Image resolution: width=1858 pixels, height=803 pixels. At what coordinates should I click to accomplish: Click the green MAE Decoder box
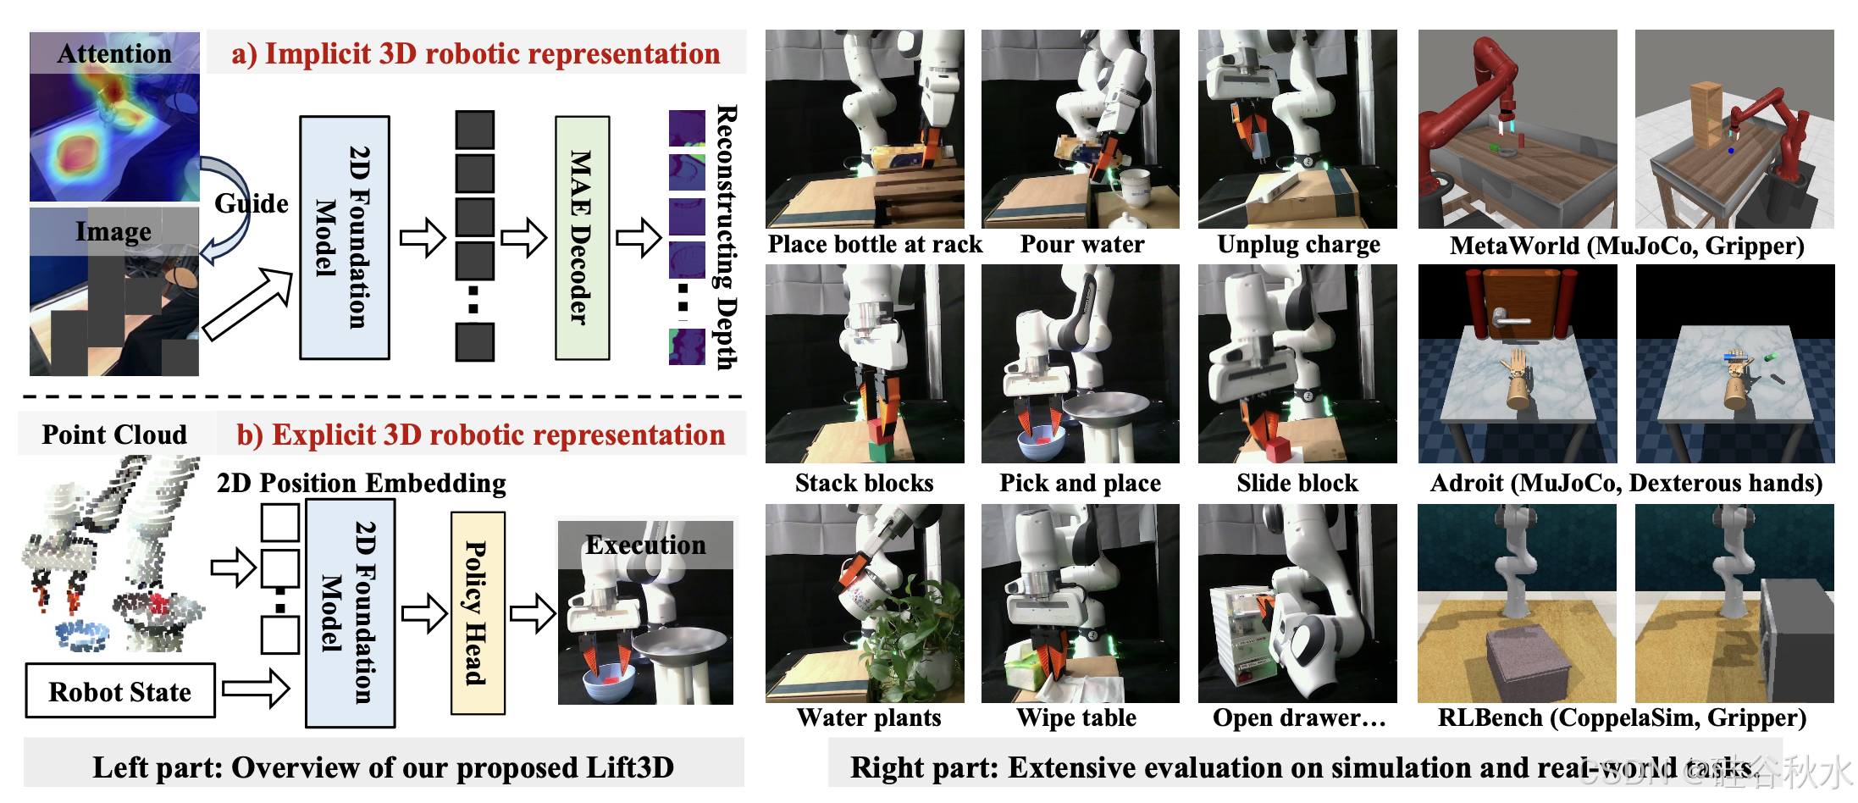(582, 238)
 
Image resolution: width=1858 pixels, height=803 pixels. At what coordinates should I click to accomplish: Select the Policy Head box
(478, 612)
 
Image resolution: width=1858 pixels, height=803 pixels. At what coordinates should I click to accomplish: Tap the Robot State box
(119, 691)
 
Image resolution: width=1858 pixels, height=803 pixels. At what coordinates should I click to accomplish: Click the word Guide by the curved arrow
(251, 203)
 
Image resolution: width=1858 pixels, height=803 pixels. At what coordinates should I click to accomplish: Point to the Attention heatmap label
(114, 53)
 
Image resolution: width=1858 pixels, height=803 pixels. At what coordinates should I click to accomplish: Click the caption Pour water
(1081, 245)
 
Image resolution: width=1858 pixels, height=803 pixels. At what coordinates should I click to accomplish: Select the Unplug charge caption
(1298, 245)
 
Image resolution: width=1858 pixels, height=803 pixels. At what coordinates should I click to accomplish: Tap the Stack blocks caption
(864, 483)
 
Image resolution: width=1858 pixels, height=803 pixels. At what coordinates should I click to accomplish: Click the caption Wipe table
(1076, 717)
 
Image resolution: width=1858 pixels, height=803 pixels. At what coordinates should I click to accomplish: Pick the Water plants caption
(869, 717)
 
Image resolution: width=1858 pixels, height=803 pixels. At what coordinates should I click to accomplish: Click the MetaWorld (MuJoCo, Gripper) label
(1626, 246)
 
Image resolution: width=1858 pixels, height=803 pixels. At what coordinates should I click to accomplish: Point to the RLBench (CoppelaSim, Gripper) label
(1622, 717)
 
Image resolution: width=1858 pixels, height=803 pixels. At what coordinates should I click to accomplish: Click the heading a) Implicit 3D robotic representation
(476, 53)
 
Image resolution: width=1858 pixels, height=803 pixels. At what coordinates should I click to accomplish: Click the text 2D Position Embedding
(362, 483)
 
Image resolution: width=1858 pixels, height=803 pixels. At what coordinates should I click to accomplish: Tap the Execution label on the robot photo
(645, 545)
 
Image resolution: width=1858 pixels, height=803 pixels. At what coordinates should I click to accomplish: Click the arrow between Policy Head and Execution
(533, 614)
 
